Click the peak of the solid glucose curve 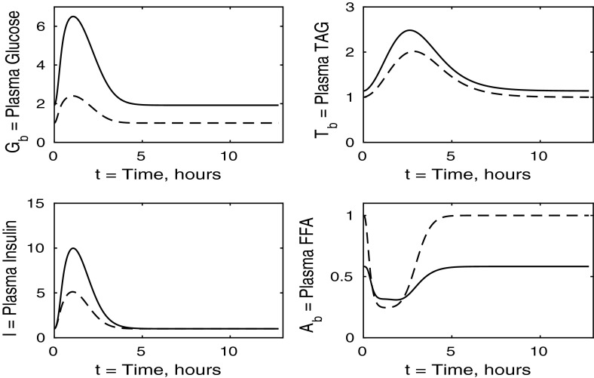(x=72, y=17)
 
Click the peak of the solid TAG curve (x=409, y=30)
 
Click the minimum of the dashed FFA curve (x=391, y=308)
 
